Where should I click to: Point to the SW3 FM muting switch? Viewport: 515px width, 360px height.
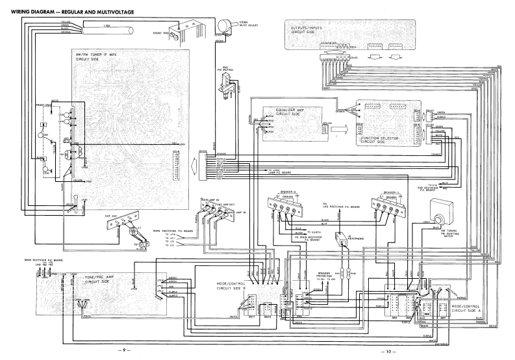(229, 84)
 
